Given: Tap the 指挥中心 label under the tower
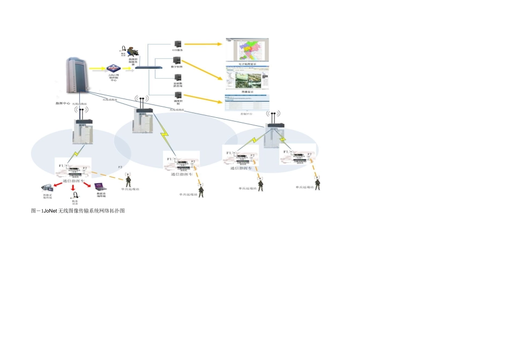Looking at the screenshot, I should pos(63,103).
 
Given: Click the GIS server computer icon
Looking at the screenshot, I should pos(177,44).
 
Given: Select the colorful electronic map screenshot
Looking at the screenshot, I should pos(246,49).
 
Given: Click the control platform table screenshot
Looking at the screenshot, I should pos(247,103).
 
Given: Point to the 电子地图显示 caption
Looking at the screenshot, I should pos(247,64).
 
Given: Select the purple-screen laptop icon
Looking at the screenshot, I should pos(100,187).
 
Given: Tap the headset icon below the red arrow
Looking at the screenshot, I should pos(75,196).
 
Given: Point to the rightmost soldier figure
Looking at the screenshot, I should pos(317,183).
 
